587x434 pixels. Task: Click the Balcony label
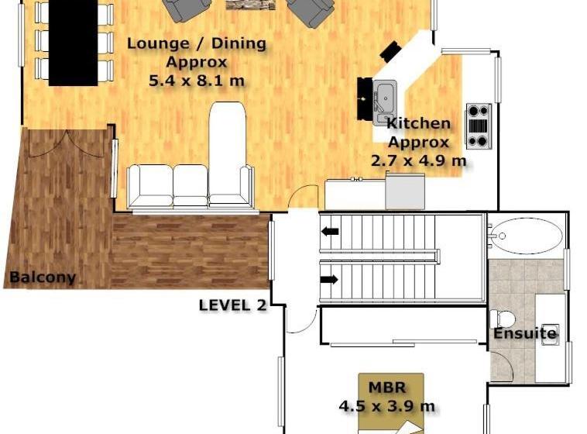click(43, 277)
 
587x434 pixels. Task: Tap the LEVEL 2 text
click(232, 305)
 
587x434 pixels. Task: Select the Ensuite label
click(525, 333)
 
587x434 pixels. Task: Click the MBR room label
click(387, 387)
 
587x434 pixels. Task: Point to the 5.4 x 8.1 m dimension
click(197, 81)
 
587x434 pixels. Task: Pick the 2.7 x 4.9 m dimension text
click(418, 160)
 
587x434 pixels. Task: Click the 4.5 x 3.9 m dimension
click(387, 406)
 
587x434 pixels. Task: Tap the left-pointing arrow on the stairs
click(330, 232)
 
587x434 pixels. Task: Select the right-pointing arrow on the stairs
click(330, 280)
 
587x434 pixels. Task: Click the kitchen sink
click(385, 102)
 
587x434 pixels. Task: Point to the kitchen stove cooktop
click(479, 126)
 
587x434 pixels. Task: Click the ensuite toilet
click(503, 319)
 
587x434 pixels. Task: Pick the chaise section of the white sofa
click(228, 153)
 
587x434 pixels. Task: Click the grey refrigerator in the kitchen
click(405, 191)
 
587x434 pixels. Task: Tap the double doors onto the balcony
click(67, 144)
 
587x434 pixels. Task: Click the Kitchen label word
click(418, 123)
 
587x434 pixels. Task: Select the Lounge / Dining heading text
click(197, 43)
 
